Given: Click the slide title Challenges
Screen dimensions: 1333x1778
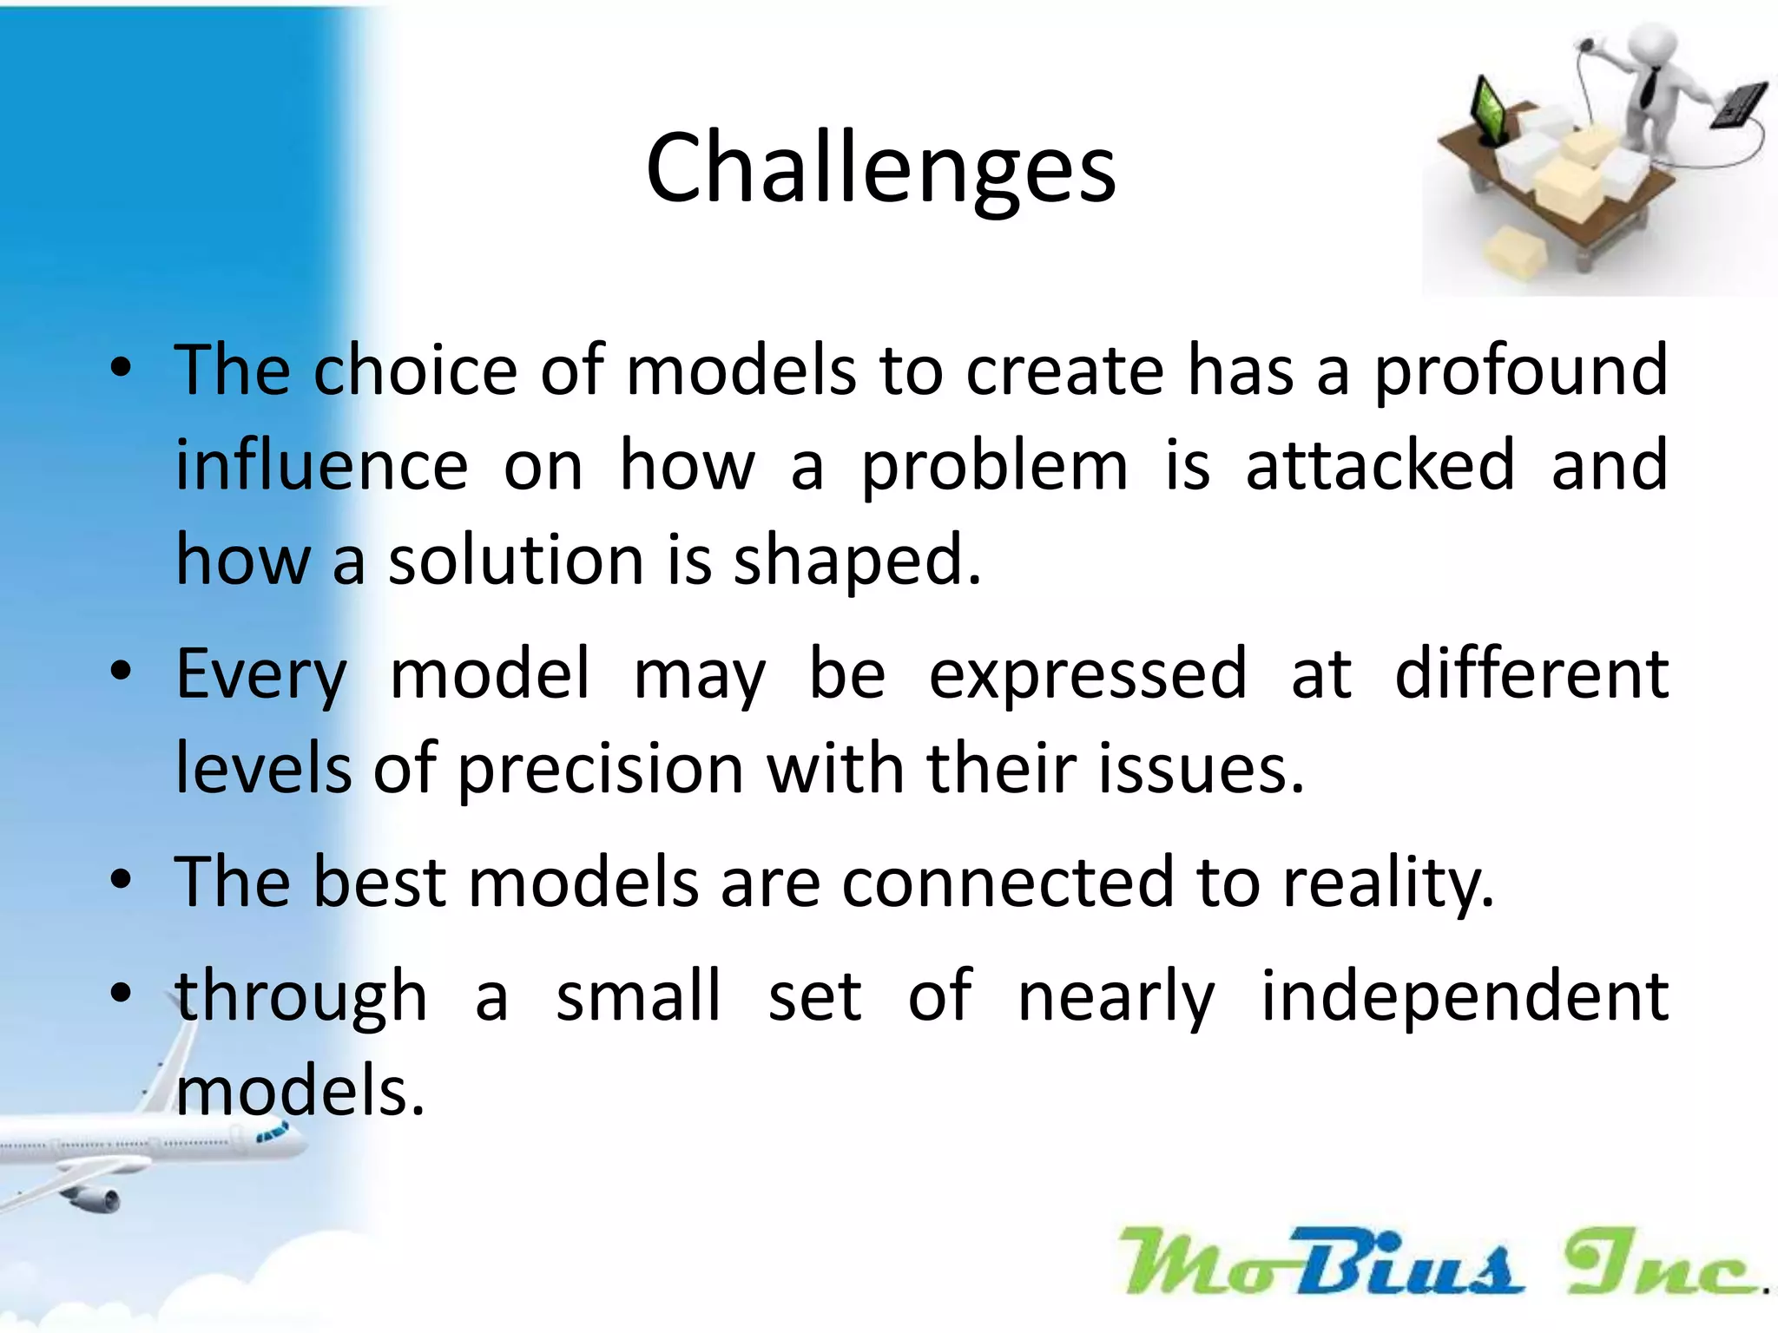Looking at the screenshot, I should pos(880,169).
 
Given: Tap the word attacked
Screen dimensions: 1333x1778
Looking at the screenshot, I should pos(1380,465).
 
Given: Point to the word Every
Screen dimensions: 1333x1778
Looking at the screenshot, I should pos(260,675).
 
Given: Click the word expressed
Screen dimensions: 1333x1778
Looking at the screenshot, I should pos(1087,673).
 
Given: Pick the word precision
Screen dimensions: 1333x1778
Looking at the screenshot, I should pos(600,770).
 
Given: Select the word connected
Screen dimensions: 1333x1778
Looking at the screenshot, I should pos(1007,882).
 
